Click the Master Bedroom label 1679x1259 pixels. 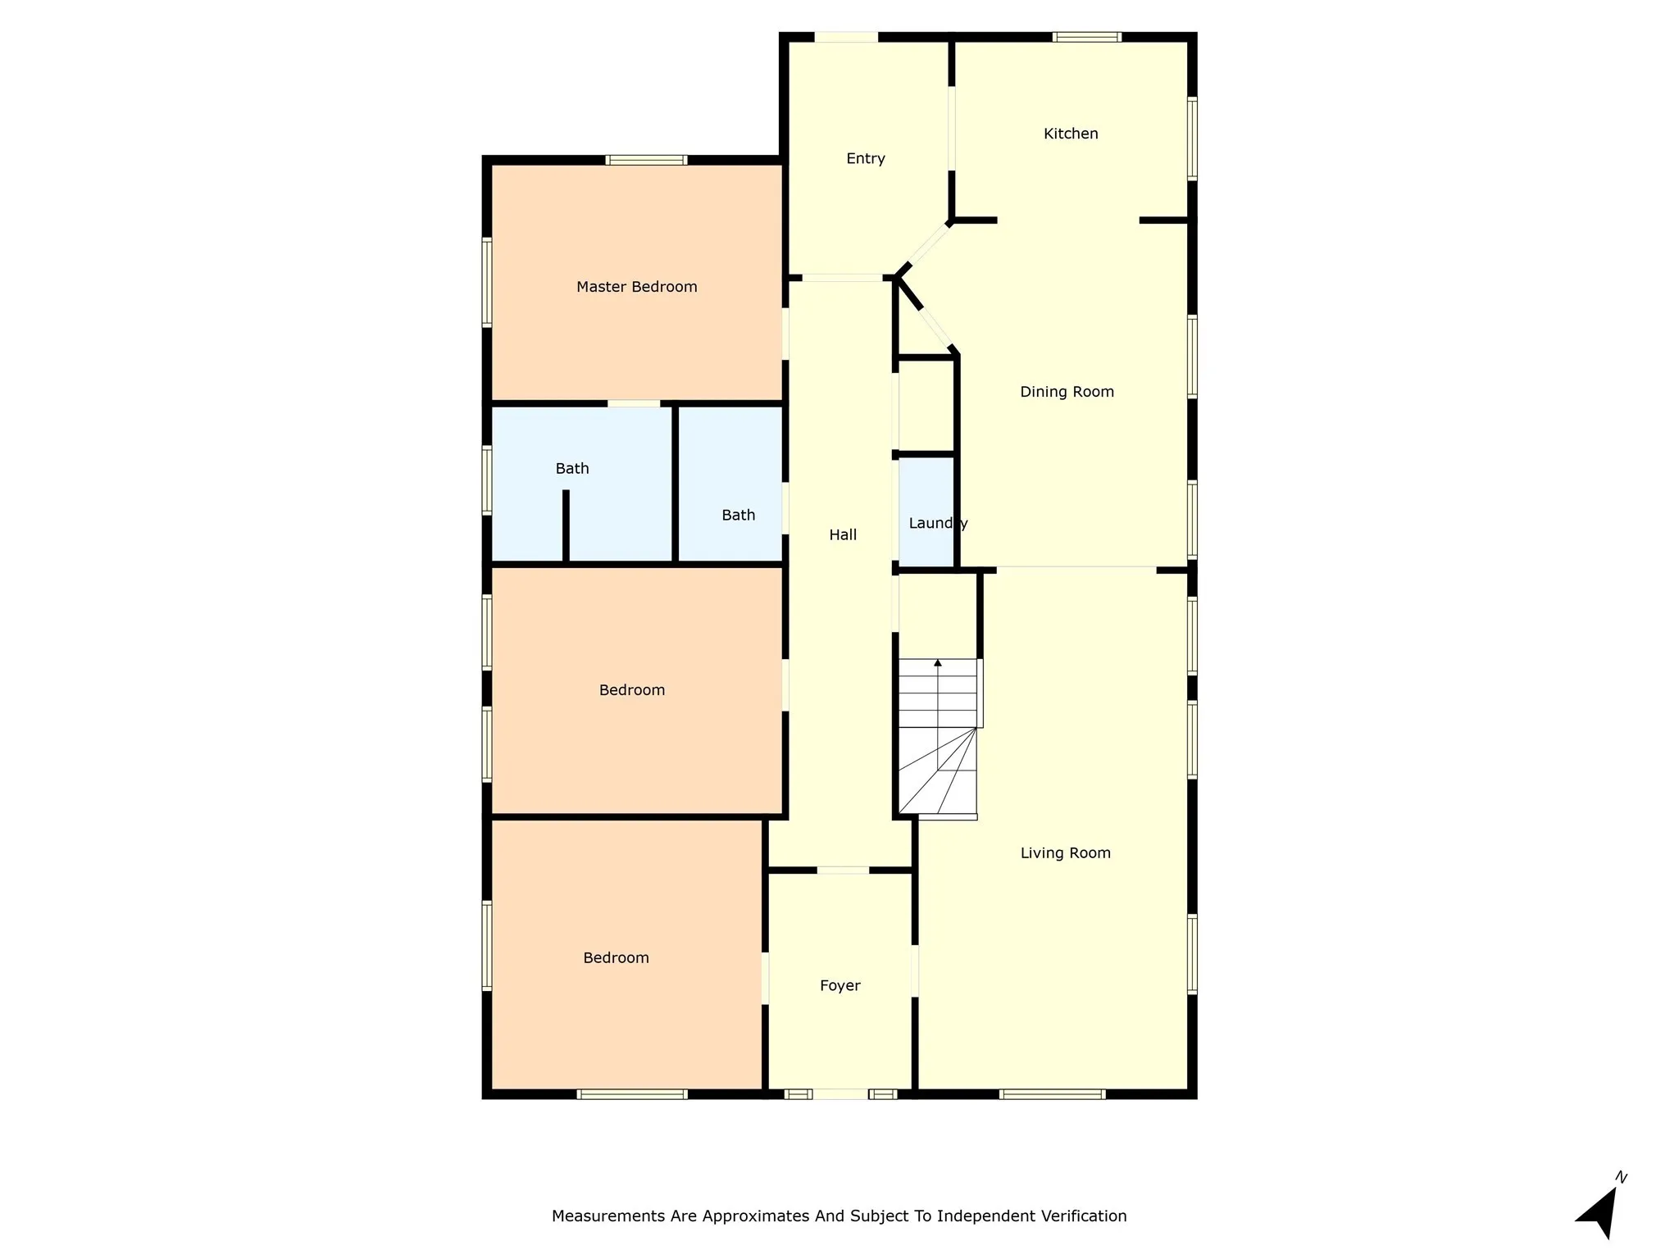pyautogui.click(x=636, y=287)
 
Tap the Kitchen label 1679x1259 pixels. pyautogui.click(x=1070, y=134)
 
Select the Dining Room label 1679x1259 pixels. pyautogui.click(x=1067, y=392)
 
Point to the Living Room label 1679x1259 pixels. pyautogui.click(x=1065, y=853)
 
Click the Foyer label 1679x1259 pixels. pyautogui.click(x=839, y=986)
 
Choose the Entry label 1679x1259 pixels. pyautogui.click(x=865, y=159)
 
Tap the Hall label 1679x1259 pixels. pyautogui.click(x=842, y=535)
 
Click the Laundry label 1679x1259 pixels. pyautogui.click(x=937, y=524)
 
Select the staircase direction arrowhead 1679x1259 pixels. pyautogui.click(x=938, y=662)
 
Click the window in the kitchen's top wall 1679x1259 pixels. pyautogui.click(x=1086, y=37)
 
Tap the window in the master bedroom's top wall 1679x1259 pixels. pyautogui.click(x=646, y=160)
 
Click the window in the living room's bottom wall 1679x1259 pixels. pyautogui.click(x=1052, y=1094)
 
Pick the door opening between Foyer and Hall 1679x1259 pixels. pyautogui.click(x=843, y=870)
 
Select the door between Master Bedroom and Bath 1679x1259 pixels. pyautogui.click(x=634, y=403)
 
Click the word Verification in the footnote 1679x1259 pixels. pyautogui.click(x=1084, y=1216)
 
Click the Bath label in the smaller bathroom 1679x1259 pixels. pyautogui.click(x=738, y=516)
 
